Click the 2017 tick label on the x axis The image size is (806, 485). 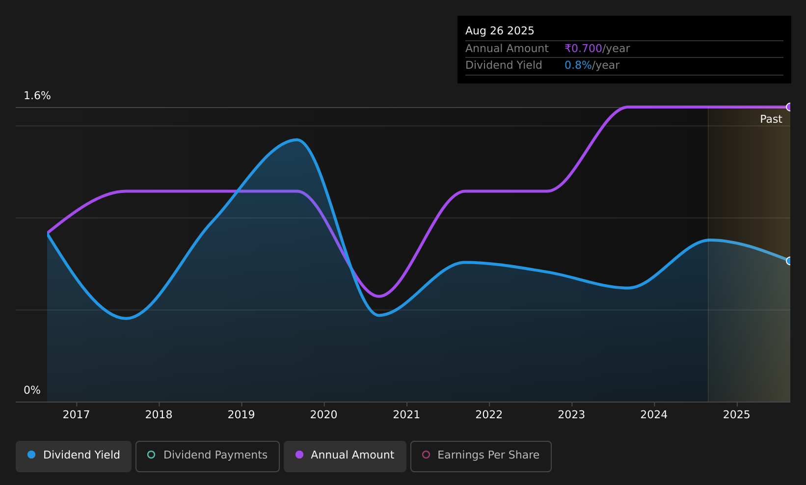click(76, 415)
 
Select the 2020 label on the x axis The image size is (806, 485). click(324, 415)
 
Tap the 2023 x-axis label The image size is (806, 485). click(571, 415)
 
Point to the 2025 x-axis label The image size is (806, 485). click(737, 415)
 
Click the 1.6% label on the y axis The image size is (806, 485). click(37, 96)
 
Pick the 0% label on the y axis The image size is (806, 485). click(32, 390)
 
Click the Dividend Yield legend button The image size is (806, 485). click(74, 456)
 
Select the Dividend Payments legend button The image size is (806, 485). click(208, 456)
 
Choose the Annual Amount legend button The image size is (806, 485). click(345, 456)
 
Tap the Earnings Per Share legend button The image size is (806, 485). click(481, 456)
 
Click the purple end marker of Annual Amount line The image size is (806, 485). click(789, 107)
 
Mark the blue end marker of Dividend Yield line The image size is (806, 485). click(789, 261)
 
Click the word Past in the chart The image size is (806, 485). click(771, 119)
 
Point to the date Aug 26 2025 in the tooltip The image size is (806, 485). click(499, 31)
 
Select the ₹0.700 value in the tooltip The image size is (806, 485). click(583, 49)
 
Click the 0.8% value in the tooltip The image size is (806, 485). click(578, 65)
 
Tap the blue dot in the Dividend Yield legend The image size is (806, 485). click(32, 455)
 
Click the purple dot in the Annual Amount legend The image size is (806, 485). click(299, 455)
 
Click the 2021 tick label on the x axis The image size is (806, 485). click(406, 415)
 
